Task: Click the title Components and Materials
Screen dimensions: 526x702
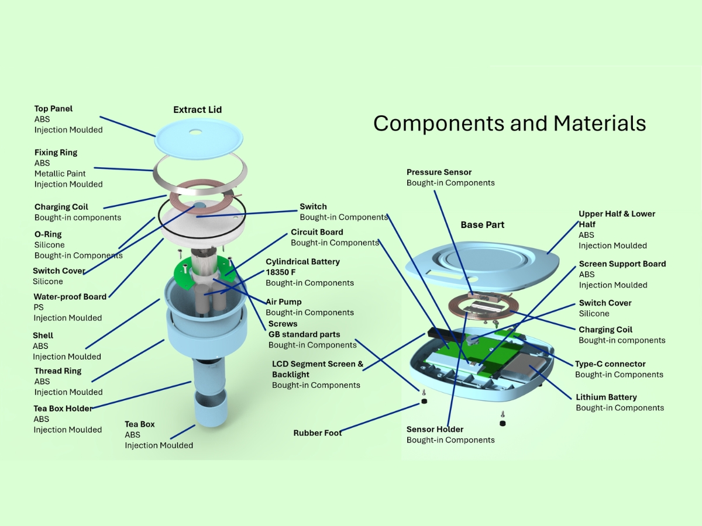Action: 510,123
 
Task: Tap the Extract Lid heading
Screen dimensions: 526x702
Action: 198,110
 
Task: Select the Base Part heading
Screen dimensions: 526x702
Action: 482,225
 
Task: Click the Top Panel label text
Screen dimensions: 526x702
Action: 53,109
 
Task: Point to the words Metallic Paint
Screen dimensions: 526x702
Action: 60,174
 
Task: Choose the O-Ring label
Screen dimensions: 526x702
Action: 48,234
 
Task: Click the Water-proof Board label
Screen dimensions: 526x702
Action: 70,297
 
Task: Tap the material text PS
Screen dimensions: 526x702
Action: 39,307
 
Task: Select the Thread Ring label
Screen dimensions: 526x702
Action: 58,371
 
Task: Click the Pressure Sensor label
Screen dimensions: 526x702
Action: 439,172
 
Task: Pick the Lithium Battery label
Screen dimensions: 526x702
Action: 606,397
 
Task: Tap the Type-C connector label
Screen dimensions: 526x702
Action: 610,364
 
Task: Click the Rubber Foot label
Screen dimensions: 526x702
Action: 317,433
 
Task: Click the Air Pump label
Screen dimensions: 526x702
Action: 284,302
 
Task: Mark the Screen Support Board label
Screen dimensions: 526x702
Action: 622,264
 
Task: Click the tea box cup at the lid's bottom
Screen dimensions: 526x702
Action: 210,410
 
